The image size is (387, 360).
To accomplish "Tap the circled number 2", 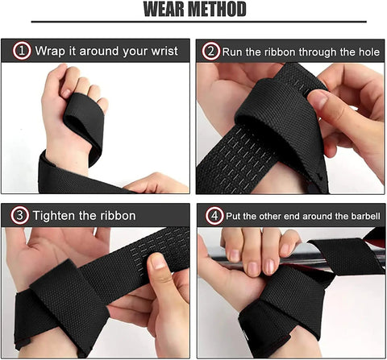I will point(211,51).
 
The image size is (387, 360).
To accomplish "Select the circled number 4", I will point(211,215).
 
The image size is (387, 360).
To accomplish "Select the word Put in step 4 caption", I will point(235,215).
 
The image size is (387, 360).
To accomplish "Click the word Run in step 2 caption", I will point(235,51).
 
